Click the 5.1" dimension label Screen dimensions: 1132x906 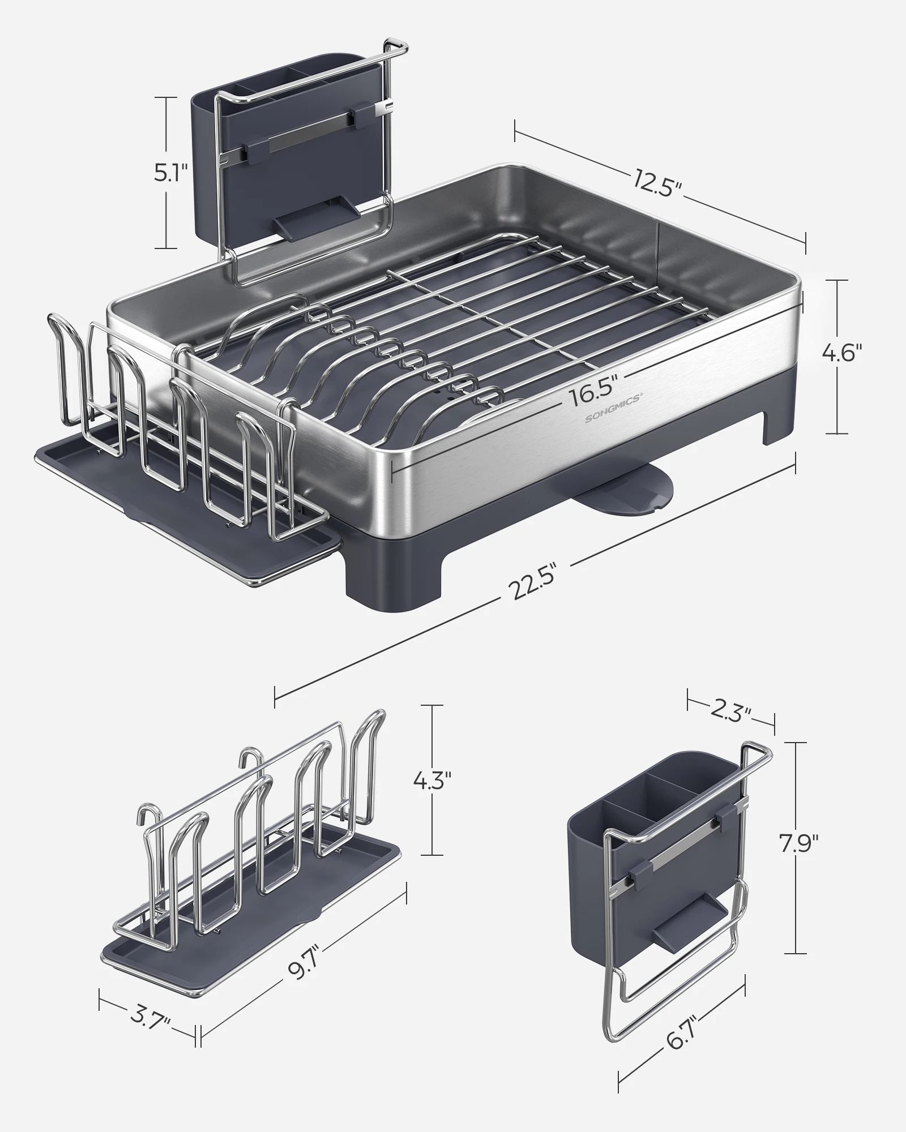(x=170, y=173)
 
